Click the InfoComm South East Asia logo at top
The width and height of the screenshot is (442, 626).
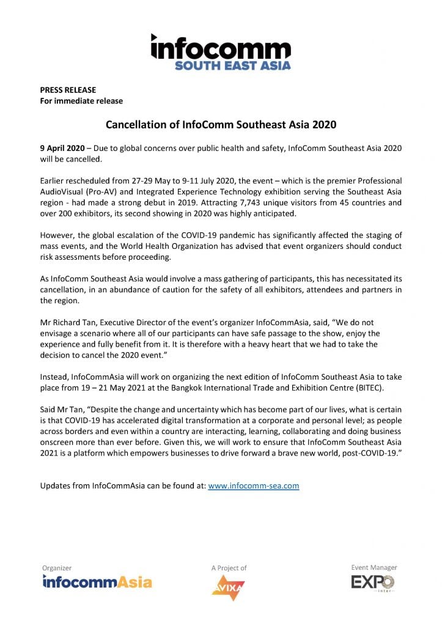[221, 52]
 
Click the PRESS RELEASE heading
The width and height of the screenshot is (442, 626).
[68, 90]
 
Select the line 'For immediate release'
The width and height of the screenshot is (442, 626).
[81, 101]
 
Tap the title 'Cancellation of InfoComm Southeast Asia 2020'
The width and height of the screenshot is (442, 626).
[221, 125]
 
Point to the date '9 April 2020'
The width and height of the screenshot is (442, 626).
[62, 149]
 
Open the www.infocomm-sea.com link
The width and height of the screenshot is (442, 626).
[253, 486]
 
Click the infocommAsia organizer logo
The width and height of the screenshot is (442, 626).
[97, 582]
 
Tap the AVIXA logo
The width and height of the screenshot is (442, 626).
[228, 587]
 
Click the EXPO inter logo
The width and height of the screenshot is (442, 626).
[373, 583]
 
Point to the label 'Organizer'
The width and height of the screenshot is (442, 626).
[57, 568]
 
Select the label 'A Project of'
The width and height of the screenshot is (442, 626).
[229, 568]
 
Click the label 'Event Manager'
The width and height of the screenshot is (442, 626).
[374, 567]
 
